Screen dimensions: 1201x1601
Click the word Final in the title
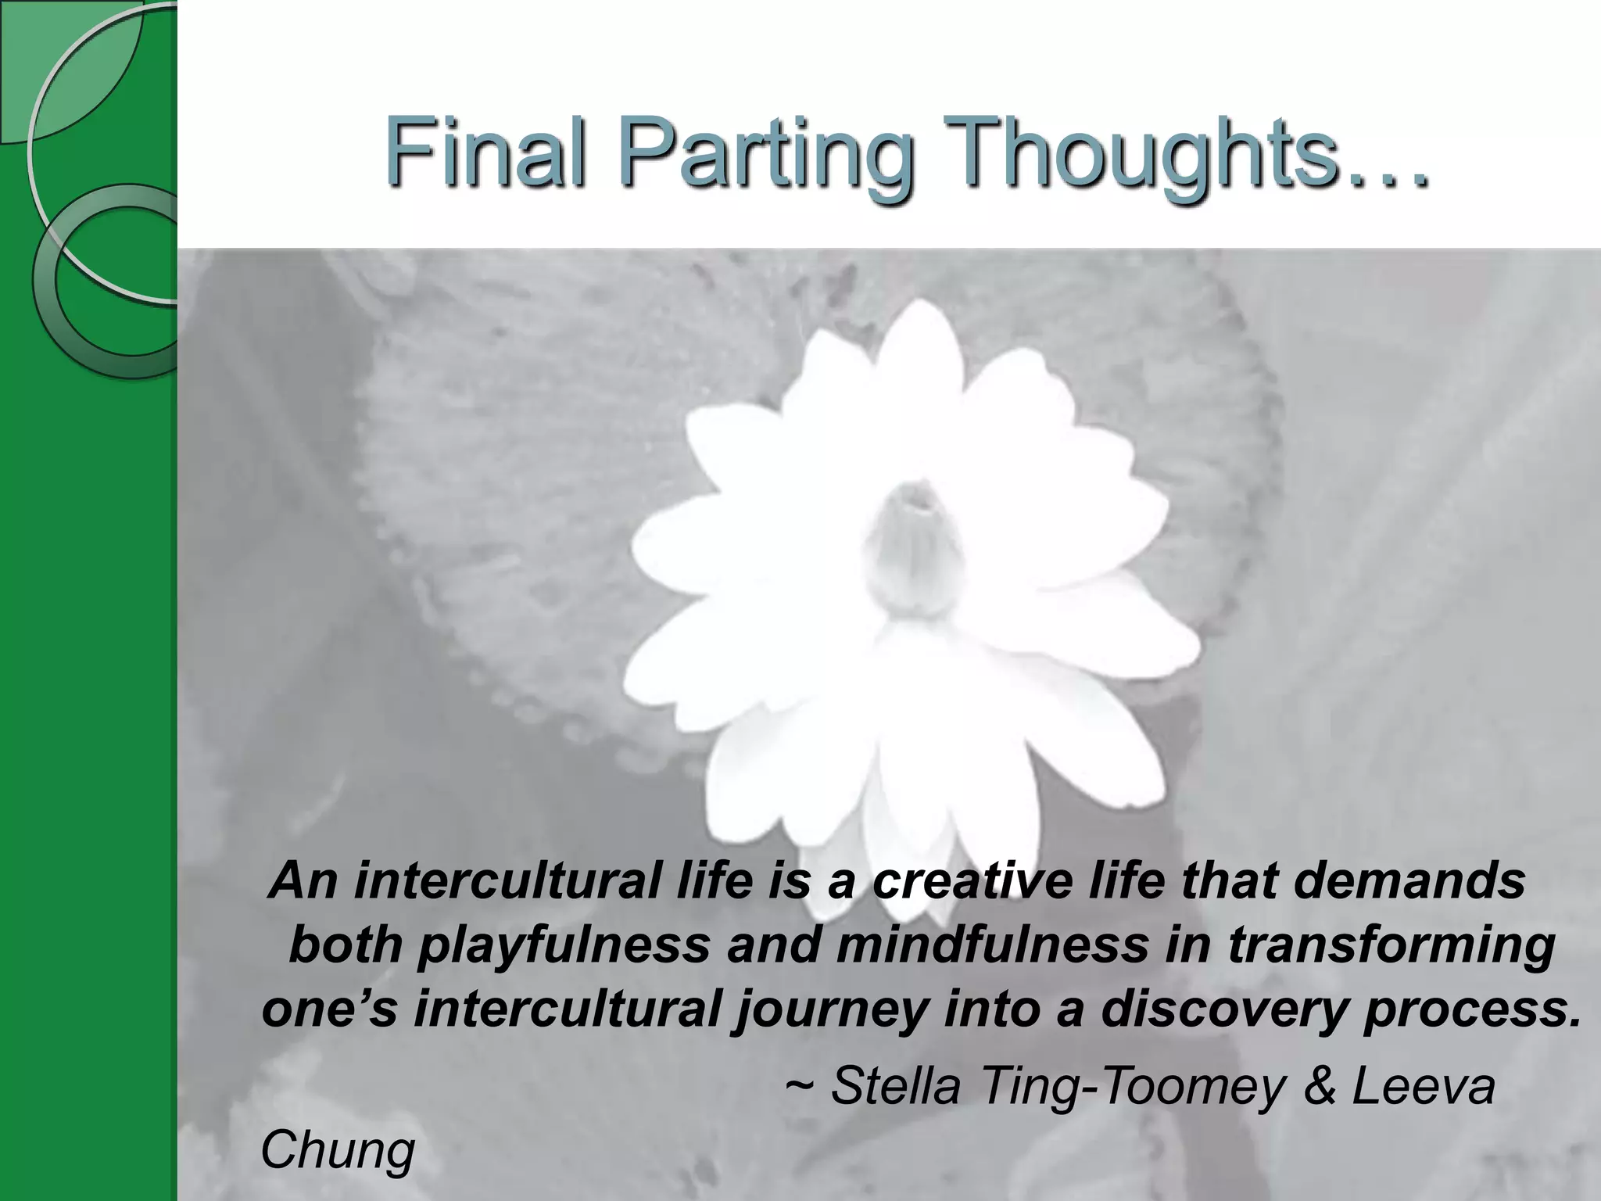[485, 152]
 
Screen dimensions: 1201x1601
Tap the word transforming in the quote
[1391, 945]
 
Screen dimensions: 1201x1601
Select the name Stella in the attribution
[895, 1086]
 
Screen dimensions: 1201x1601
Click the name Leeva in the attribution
[1424, 1086]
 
